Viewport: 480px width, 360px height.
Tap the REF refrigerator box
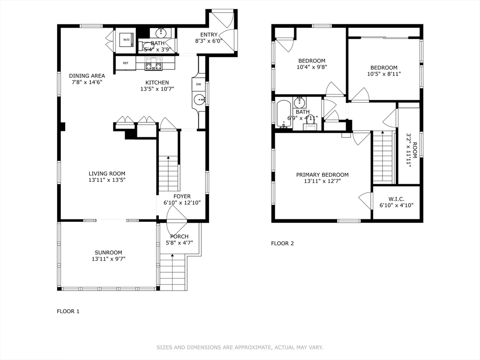126,63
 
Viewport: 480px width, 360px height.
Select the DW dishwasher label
199,84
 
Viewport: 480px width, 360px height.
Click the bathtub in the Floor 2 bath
285,114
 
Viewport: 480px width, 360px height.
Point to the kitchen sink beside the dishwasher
200,100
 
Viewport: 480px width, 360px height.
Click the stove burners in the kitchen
153,63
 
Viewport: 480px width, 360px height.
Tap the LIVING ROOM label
107,173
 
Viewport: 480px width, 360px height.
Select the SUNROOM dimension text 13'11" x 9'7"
109,259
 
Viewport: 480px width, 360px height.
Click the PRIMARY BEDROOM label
322,175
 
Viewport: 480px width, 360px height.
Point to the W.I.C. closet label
397,199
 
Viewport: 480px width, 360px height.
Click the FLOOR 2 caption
282,243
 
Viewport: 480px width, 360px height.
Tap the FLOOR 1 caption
68,311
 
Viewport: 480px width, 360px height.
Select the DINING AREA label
87,75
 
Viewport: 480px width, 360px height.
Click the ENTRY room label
209,35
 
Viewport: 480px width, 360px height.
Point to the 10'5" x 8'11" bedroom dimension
384,74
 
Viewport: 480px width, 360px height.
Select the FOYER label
182,196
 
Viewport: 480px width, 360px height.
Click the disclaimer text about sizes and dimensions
240,347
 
